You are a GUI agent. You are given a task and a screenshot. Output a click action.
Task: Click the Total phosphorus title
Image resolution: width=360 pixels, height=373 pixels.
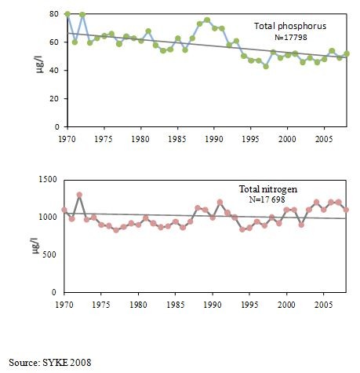(290, 26)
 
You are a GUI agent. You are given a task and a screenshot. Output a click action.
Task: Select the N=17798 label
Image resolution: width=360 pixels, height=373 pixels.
(291, 38)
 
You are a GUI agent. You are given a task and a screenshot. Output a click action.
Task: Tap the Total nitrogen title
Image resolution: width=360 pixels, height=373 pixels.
(268, 189)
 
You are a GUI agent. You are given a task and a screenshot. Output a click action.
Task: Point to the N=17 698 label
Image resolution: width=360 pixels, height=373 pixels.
(267, 199)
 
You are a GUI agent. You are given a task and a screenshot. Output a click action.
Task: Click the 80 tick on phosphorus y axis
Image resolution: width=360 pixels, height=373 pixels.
(53, 14)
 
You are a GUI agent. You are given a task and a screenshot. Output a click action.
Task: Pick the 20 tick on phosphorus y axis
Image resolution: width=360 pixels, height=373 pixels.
(53, 99)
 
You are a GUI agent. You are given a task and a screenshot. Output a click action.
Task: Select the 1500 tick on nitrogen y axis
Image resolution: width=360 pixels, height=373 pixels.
(48, 180)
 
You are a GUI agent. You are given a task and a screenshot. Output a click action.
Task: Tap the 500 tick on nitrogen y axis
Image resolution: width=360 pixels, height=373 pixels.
(49, 254)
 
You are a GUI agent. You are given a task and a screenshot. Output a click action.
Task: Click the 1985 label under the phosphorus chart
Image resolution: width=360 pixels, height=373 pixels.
(177, 139)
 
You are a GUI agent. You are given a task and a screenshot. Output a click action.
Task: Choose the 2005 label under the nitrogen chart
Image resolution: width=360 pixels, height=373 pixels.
(324, 305)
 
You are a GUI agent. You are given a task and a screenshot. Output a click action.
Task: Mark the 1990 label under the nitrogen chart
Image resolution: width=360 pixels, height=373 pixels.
(213, 305)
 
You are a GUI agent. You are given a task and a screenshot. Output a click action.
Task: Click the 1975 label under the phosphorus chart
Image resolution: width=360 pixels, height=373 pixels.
(104, 139)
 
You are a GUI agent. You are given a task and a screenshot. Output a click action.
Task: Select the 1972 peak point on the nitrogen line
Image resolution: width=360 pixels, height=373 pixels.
(79, 195)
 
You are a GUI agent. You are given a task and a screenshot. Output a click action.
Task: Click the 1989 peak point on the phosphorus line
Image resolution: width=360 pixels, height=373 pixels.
(207, 20)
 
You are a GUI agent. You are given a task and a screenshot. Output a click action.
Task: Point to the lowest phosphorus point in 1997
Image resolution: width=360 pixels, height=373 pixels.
(266, 67)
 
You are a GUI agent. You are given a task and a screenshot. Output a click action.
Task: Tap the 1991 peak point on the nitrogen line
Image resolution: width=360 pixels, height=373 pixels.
(220, 202)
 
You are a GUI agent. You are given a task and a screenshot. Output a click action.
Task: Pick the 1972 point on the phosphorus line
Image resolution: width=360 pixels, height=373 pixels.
(82, 14)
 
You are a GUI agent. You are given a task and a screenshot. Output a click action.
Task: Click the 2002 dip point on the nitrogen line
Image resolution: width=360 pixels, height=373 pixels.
(301, 225)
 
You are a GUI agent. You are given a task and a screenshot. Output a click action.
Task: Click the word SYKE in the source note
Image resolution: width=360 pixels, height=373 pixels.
(54, 363)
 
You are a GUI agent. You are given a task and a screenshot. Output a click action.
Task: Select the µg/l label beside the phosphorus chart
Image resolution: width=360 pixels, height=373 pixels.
(40, 64)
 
